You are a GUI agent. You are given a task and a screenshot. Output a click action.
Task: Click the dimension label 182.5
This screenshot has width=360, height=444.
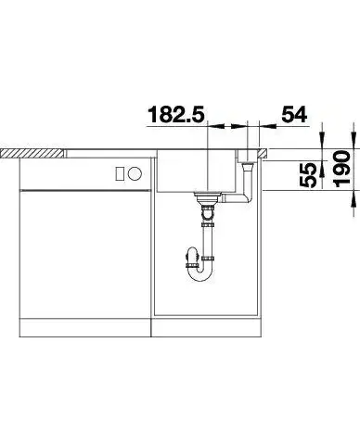click(176, 114)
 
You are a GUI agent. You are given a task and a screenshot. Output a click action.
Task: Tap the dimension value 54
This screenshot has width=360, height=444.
click(294, 114)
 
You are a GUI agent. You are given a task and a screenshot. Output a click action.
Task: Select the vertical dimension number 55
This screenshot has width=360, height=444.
click(308, 175)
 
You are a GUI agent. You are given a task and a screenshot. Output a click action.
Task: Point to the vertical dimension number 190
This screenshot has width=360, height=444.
click(342, 169)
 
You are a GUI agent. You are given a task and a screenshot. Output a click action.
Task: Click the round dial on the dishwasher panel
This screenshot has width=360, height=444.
click(135, 173)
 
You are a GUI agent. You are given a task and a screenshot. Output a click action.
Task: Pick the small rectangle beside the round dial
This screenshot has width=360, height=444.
click(121, 173)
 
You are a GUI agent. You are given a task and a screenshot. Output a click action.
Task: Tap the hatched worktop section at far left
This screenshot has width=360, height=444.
click(32, 153)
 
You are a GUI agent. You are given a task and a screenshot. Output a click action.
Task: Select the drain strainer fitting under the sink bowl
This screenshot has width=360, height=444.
click(208, 198)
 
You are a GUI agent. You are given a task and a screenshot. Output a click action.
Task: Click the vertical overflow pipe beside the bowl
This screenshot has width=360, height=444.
click(248, 181)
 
